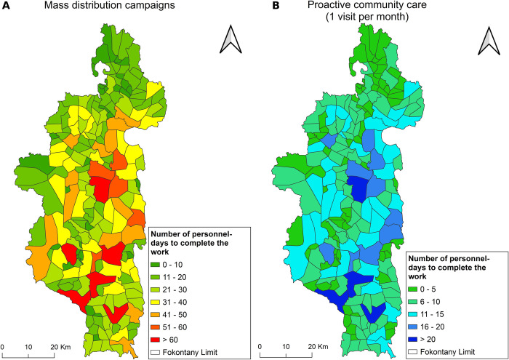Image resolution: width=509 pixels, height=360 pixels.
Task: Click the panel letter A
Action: click(x=6, y=6)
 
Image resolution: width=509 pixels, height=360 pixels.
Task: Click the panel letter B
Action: click(x=276, y=6)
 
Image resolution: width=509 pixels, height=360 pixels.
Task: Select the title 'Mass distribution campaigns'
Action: click(x=109, y=6)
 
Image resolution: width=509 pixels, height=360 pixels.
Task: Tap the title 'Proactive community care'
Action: click(x=367, y=5)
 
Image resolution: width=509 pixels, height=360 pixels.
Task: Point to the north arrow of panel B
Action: click(x=489, y=41)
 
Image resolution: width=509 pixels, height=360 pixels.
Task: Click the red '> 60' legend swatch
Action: click(x=156, y=340)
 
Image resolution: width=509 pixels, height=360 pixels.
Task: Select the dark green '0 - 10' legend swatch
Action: click(x=156, y=265)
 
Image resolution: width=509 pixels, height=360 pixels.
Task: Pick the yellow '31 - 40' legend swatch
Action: click(x=156, y=303)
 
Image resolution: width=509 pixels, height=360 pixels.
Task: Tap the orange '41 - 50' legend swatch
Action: click(x=156, y=315)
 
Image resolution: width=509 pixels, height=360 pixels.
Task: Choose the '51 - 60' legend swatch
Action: click(x=156, y=327)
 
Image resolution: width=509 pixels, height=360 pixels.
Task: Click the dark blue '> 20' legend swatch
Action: click(x=413, y=340)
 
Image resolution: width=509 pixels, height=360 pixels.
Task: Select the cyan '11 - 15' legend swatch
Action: click(x=413, y=315)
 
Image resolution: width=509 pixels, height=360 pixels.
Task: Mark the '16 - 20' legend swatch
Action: click(x=413, y=327)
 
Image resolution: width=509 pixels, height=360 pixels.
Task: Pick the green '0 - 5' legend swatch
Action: click(x=413, y=289)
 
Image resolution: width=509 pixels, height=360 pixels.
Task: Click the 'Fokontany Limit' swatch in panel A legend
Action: click(x=156, y=352)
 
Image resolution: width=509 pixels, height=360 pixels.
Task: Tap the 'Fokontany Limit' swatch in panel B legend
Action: click(x=413, y=352)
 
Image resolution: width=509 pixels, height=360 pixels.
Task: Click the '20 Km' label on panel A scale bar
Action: click(x=60, y=347)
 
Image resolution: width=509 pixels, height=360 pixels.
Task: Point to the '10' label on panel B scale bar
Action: click(x=286, y=347)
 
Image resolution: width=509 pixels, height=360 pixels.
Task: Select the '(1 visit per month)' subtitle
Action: click(x=367, y=17)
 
